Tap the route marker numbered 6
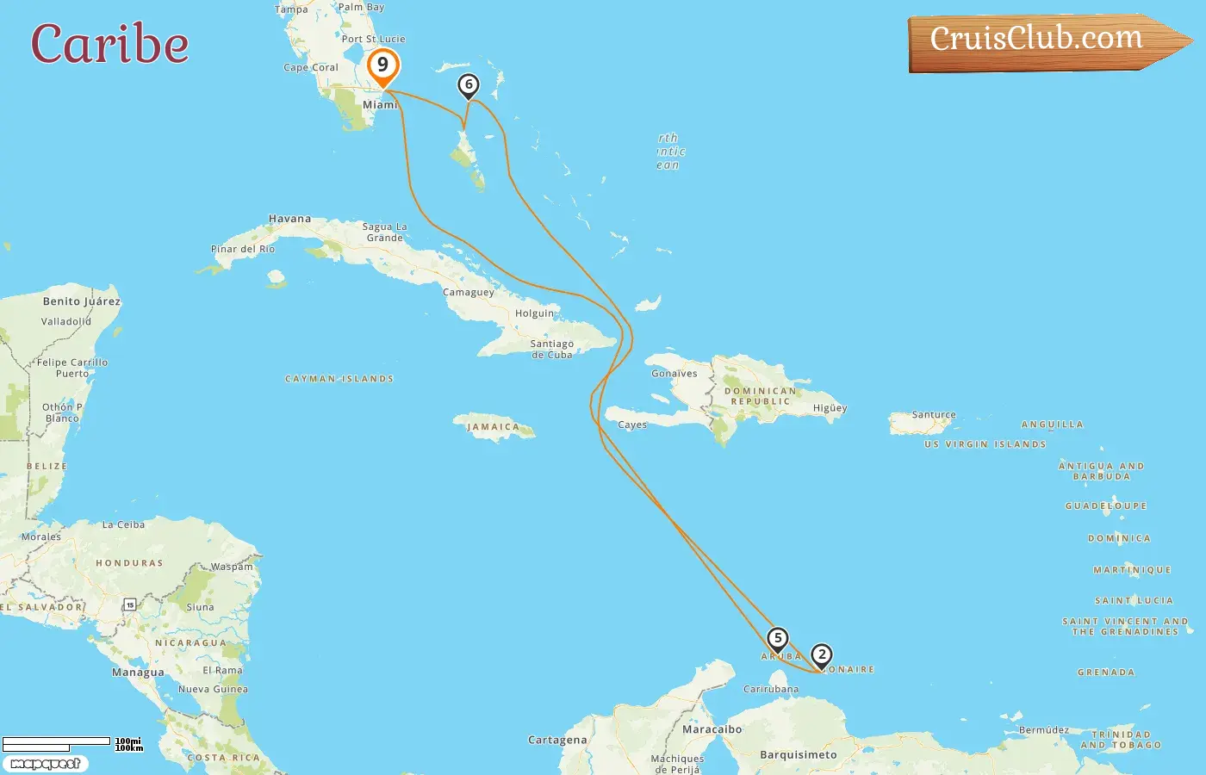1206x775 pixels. [469, 85]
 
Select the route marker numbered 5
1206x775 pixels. [777, 639]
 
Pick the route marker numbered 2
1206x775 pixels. [822, 655]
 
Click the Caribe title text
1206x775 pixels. [109, 44]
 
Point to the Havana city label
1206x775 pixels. [289, 219]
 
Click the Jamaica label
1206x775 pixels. [493, 427]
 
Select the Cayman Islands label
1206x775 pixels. [339, 379]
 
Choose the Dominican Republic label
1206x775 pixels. [760, 396]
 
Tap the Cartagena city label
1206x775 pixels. [557, 740]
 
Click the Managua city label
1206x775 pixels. [138, 673]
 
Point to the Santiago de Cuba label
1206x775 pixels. [551, 349]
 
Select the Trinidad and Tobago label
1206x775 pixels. [1121, 740]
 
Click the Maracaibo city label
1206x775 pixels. [712, 729]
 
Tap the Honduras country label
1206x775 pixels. [129, 563]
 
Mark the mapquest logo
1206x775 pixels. [45, 764]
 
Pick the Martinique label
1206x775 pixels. [1132, 570]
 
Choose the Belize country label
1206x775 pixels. [47, 467]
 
